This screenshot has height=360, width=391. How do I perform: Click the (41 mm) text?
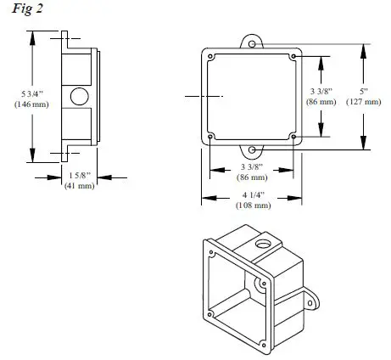80,185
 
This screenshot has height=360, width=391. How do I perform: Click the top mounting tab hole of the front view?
251,41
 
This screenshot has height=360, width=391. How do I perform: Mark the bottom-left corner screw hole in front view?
209,138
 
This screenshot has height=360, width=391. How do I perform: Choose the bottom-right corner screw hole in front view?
293,138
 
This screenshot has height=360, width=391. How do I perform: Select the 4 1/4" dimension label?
252,195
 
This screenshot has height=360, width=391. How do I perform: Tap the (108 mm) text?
252,205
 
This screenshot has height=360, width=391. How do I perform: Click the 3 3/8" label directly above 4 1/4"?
252,168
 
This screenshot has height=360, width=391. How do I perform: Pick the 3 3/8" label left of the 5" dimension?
323,91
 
